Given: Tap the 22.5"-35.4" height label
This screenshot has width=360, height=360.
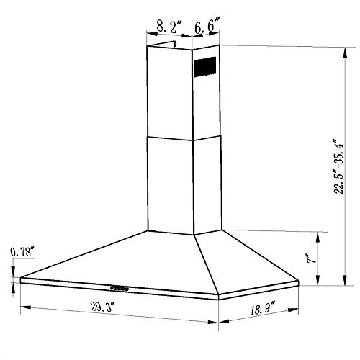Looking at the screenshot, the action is click(x=338, y=166).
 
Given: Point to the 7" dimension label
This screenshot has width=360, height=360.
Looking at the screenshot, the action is click(x=312, y=258).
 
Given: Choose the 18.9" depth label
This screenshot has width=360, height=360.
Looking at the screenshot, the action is click(x=263, y=309).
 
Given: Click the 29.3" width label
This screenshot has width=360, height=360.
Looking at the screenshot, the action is click(x=101, y=307).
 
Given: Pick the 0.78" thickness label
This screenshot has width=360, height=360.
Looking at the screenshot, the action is click(x=21, y=252).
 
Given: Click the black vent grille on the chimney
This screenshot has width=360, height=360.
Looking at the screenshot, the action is click(x=205, y=67).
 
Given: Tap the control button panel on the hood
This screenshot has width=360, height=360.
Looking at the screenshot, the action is click(x=120, y=289).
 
